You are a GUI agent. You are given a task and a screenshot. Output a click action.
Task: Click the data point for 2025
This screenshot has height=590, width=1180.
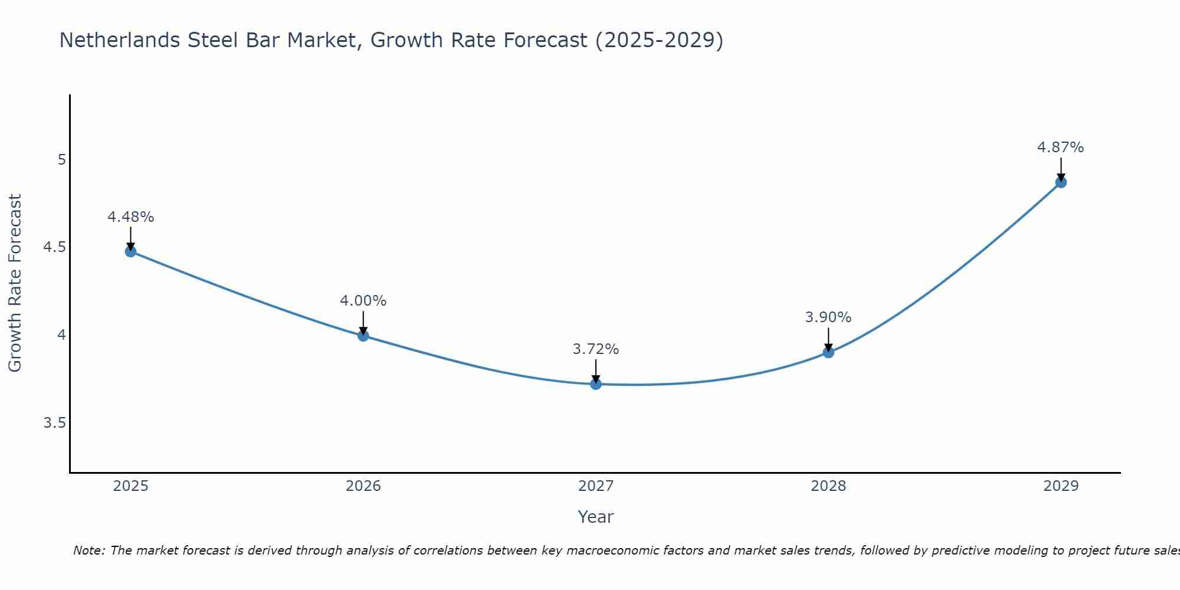[x=130, y=251]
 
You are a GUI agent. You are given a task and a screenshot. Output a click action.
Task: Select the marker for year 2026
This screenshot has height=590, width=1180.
[x=363, y=336]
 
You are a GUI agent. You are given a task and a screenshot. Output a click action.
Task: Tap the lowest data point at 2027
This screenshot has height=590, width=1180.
[x=596, y=384]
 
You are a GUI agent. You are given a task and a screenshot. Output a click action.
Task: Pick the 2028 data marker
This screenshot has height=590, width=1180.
[x=828, y=352]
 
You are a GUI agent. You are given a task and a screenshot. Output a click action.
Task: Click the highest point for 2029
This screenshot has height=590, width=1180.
[x=1061, y=182]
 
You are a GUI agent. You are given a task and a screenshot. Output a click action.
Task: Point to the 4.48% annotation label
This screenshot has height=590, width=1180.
[x=130, y=217]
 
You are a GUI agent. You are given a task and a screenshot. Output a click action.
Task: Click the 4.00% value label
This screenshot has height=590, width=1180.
[x=363, y=301]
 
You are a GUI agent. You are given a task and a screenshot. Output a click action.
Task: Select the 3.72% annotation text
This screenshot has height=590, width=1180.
[x=596, y=349]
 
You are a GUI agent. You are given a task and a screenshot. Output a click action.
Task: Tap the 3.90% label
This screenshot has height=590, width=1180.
[x=828, y=317]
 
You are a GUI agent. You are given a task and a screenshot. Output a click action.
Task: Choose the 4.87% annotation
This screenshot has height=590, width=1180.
[x=1061, y=147]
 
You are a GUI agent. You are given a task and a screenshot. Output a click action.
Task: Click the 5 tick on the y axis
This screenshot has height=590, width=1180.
[x=61, y=160]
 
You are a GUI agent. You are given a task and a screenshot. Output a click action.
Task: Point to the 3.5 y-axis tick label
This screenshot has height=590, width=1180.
[x=55, y=423]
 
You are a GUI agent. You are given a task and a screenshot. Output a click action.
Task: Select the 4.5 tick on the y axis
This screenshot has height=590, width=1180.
[x=55, y=247]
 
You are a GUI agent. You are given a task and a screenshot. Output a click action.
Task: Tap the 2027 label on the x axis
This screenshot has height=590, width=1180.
[x=596, y=486]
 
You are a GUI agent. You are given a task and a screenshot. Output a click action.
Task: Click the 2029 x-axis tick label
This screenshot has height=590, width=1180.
[x=1061, y=486]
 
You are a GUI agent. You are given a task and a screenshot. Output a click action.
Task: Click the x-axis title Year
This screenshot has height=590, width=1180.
[x=596, y=517]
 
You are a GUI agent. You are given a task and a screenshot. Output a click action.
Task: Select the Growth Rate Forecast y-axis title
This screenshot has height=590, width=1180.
[x=15, y=283]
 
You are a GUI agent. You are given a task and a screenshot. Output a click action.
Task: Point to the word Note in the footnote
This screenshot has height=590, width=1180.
[x=88, y=550]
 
